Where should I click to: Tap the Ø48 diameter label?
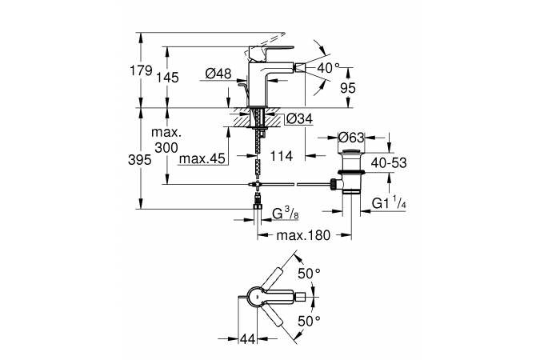[218, 74]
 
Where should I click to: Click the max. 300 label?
[170, 139]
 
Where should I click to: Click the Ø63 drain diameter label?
[350, 136]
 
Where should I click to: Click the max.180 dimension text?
[306, 236]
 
